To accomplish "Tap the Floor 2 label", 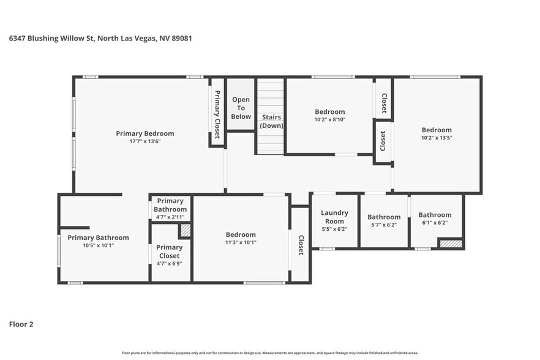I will tap(21, 324).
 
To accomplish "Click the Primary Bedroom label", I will tap(145, 133).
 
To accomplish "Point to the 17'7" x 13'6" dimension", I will tap(145, 141).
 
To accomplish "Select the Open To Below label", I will tap(241, 108).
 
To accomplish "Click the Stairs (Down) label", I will tap(271, 121).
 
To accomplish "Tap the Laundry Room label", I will tap(334, 217).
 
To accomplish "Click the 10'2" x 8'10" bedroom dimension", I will tap(330, 119).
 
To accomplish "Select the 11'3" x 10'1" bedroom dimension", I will tap(241, 242).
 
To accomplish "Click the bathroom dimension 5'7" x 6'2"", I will tap(384, 225).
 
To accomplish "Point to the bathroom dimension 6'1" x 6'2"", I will tap(435, 222).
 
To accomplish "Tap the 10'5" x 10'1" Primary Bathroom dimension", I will tap(98, 245).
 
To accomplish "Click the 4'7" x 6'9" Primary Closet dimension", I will tap(170, 263).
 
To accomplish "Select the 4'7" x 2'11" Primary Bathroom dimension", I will tap(170, 217).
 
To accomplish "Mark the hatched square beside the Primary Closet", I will tap(185, 231).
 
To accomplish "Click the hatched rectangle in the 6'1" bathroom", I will tap(450, 244).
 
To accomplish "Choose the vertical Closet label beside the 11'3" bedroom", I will tap(301, 245).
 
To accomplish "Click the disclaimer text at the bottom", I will tap(269, 353).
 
